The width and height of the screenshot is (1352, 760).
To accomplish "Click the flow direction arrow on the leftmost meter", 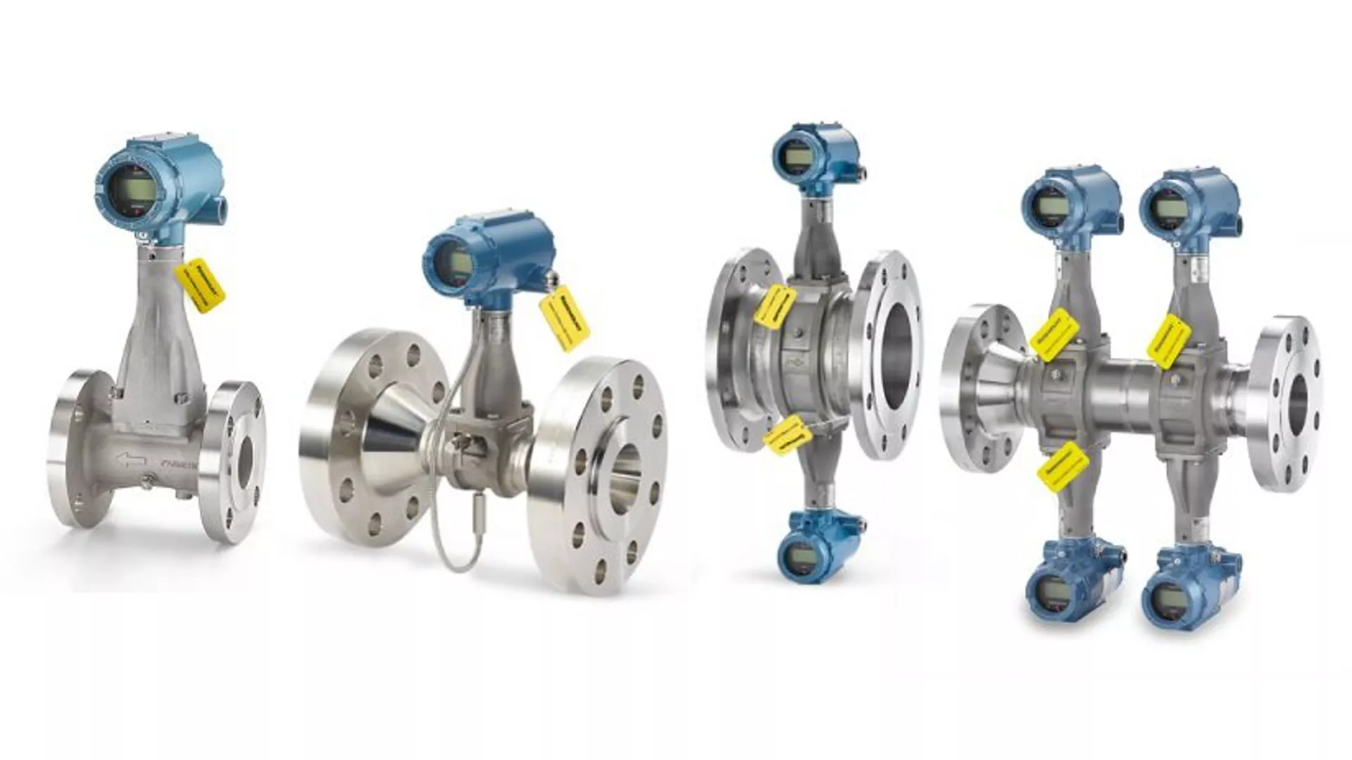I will [x=132, y=461].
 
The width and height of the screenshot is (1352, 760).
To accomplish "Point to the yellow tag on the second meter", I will [x=565, y=317].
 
